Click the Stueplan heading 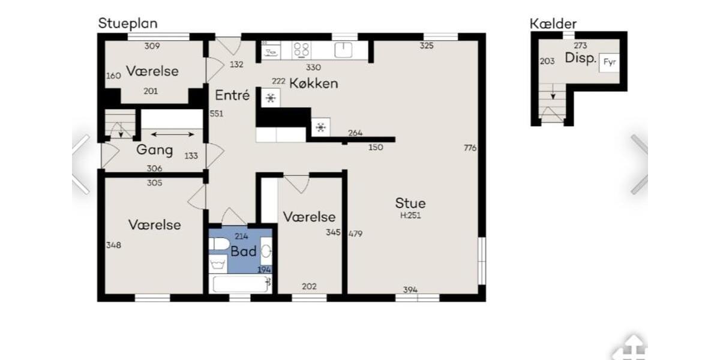pyautogui.click(x=128, y=23)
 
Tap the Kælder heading pyautogui.click(x=553, y=24)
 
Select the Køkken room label pyautogui.click(x=313, y=83)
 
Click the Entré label pyautogui.click(x=232, y=95)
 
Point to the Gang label pyautogui.click(x=154, y=150)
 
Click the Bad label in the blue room pyautogui.click(x=244, y=251)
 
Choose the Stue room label pyautogui.click(x=410, y=203)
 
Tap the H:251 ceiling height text pyautogui.click(x=410, y=215)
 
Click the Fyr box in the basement pyautogui.click(x=609, y=62)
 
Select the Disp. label pyautogui.click(x=580, y=59)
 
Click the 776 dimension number pyautogui.click(x=470, y=148)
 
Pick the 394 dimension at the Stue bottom pyautogui.click(x=410, y=290)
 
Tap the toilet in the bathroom pyautogui.click(x=220, y=244)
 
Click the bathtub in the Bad pyautogui.click(x=240, y=283)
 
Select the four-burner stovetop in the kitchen pyautogui.click(x=301, y=50)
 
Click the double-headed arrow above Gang pyautogui.click(x=172, y=134)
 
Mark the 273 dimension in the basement pyautogui.click(x=580, y=46)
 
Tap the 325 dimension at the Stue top pyautogui.click(x=427, y=46)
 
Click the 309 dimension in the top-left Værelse pyautogui.click(x=152, y=46)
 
